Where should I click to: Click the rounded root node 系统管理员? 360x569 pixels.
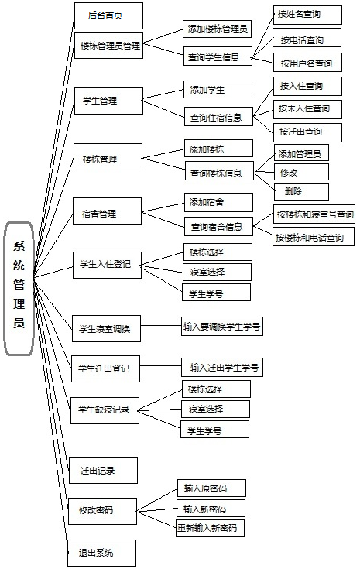pyautogui.click(x=19, y=289)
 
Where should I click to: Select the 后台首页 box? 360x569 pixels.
pyautogui.click(x=108, y=15)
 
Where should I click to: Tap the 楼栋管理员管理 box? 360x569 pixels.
pyautogui.click(x=108, y=46)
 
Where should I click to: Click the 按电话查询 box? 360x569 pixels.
pyautogui.click(x=307, y=38)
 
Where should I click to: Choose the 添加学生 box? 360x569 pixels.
pyautogui.click(x=218, y=89)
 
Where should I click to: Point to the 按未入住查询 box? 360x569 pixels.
pyautogui.click(x=307, y=109)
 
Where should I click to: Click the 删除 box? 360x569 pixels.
pyautogui.click(x=302, y=192)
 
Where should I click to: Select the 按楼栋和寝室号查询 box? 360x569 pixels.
pyautogui.click(x=314, y=214)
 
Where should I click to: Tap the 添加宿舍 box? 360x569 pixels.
pyautogui.click(x=218, y=202)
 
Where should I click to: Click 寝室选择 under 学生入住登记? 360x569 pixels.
pyautogui.click(x=217, y=272)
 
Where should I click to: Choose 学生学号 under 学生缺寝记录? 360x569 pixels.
pyautogui.click(x=215, y=430)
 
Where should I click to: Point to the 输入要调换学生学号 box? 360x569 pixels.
pyautogui.click(x=222, y=326)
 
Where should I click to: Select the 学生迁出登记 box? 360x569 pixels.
pyautogui.click(x=105, y=368)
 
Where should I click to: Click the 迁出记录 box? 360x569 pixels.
pyautogui.click(x=104, y=471)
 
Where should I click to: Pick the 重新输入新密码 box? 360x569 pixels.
pyautogui.click(x=210, y=528)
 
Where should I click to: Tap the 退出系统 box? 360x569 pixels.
pyautogui.click(x=102, y=553)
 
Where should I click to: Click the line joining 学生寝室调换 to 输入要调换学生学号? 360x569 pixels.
pyautogui.click(x=161, y=325)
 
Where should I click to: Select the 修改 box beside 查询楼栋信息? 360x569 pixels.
pyautogui.click(x=302, y=172)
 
